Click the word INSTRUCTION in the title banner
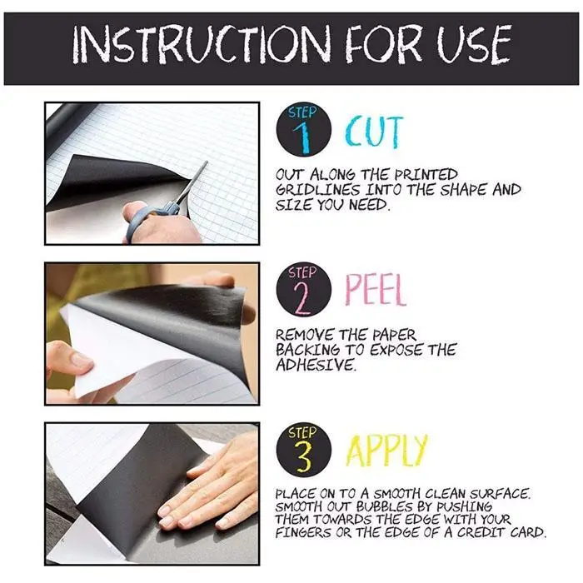(x=202, y=44)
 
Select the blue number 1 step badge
(x=304, y=129)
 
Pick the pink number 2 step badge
(x=304, y=290)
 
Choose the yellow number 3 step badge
(x=304, y=450)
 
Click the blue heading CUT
(x=373, y=132)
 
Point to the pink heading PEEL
(x=375, y=290)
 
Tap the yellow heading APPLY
(x=386, y=451)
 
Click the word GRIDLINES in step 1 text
(x=318, y=190)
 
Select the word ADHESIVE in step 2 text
(x=316, y=365)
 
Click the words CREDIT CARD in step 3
(x=501, y=532)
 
